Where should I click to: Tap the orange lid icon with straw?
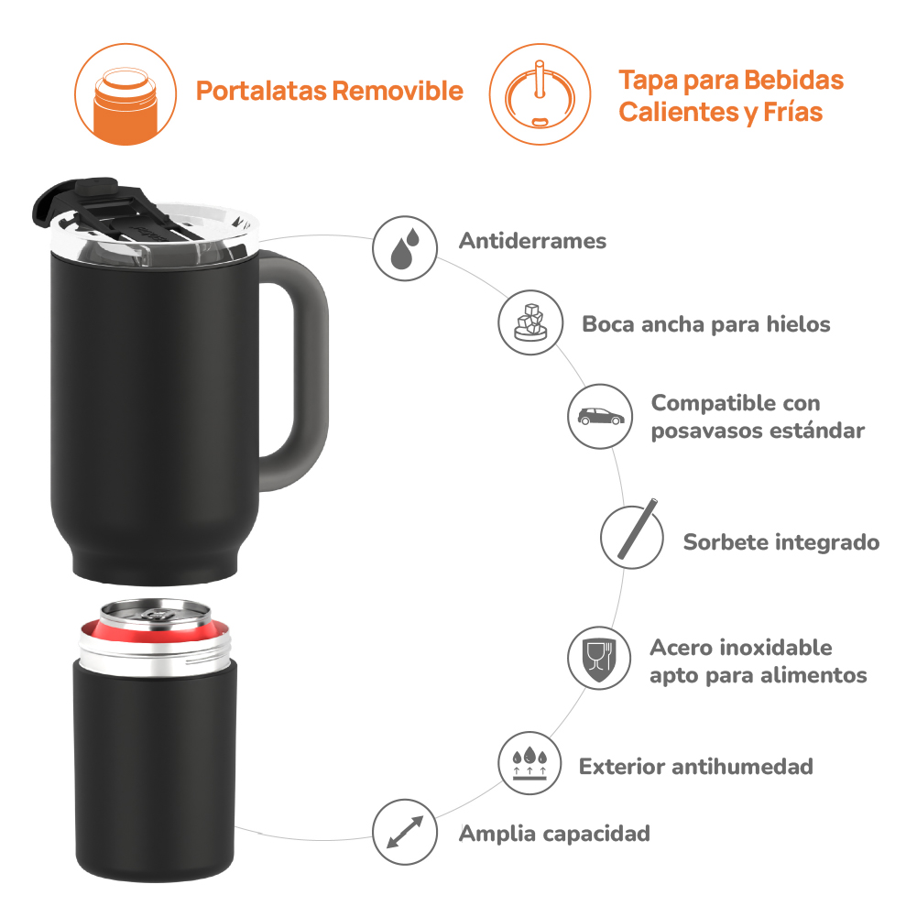[x=540, y=94]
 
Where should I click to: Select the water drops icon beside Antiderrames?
[x=405, y=248]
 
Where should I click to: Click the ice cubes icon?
[x=530, y=322]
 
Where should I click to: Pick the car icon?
[x=600, y=417]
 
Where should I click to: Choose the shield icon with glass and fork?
[x=599, y=658]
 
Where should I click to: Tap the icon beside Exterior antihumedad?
[x=529, y=763]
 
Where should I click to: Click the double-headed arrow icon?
[x=405, y=832]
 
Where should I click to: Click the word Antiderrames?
[x=532, y=241]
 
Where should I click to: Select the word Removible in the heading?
[x=398, y=91]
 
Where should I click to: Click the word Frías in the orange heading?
[x=793, y=112]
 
